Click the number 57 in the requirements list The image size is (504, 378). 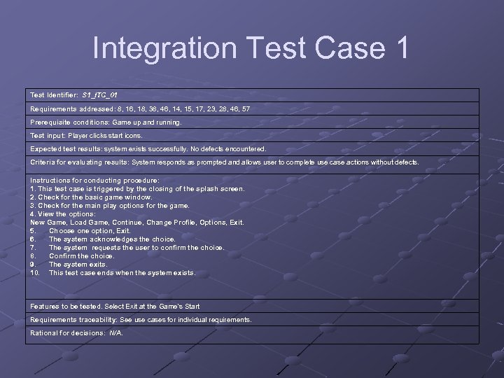coord(245,108)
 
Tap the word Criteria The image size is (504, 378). coord(43,162)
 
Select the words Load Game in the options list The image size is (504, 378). coord(90,222)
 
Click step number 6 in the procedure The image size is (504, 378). coord(32,239)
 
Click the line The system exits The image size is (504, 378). coord(78,264)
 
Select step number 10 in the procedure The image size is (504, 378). coord(34,272)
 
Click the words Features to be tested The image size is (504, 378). coord(66,306)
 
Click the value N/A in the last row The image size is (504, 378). coord(115,332)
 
